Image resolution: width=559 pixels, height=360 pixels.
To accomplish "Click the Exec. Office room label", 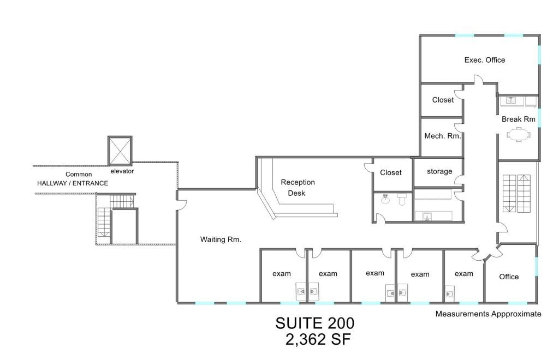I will (484, 60).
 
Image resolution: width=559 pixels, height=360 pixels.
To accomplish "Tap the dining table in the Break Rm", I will (518, 134).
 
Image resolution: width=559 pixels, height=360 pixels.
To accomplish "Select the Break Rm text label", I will (518, 118).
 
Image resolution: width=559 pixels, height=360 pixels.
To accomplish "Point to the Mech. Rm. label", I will (443, 136).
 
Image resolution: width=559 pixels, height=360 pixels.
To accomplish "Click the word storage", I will (439, 171).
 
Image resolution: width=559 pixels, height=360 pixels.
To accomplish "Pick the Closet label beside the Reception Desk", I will (390, 172).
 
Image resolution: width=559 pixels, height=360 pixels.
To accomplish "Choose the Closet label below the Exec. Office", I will (443, 100).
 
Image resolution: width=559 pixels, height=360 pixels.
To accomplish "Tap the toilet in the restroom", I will (402, 200).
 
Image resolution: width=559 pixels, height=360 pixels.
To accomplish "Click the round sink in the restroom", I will (385, 200).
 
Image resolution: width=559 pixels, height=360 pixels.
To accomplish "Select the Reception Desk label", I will (298, 188).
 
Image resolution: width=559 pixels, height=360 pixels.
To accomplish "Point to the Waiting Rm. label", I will (221, 239).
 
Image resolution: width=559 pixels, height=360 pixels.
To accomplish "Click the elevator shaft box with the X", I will (120, 150).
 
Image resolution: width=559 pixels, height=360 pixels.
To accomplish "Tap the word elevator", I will (122, 171).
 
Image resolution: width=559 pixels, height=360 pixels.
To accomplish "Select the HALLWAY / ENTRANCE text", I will (72, 183).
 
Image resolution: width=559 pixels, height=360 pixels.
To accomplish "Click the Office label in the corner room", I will (509, 277).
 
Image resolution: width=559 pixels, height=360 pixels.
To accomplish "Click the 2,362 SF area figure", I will (318, 340).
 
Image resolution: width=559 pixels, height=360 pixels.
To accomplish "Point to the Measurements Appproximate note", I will (488, 314).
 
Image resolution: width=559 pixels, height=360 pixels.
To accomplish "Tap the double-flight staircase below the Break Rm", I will (516, 194).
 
